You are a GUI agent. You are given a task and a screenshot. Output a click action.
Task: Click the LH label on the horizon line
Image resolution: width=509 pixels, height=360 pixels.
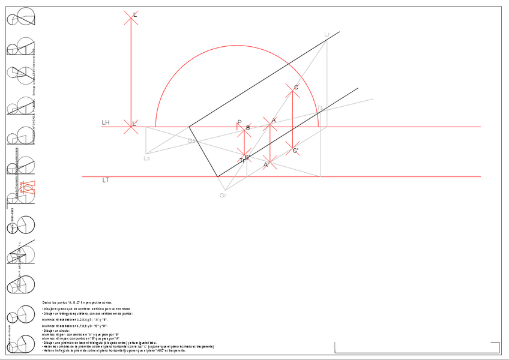pyautogui.click(x=106, y=123)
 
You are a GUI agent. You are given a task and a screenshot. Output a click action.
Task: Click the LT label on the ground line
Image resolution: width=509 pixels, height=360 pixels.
pyautogui.click(x=106, y=180)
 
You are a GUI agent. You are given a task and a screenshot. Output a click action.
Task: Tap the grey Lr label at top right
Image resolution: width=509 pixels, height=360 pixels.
pyautogui.click(x=327, y=34)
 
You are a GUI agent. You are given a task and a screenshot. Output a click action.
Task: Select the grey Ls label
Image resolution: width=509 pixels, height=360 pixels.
pyautogui.click(x=146, y=158)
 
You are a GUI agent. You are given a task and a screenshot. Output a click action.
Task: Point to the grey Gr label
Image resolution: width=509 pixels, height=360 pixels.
pyautogui.click(x=223, y=196)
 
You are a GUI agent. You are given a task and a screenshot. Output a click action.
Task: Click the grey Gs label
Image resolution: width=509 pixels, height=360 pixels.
pyautogui.click(x=191, y=141)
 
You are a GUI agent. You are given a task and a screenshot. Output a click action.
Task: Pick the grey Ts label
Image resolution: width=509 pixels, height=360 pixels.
pyautogui.click(x=320, y=109)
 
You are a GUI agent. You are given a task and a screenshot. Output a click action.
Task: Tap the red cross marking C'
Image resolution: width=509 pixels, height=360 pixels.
pyautogui.click(x=292, y=148)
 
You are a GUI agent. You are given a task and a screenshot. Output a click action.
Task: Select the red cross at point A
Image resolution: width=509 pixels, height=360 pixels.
pyautogui.click(x=270, y=124)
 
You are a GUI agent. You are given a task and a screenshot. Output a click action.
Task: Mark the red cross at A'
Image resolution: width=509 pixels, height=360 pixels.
pyautogui.click(x=270, y=162)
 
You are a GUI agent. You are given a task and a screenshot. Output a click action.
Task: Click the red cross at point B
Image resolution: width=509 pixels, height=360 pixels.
pyautogui.click(x=244, y=128)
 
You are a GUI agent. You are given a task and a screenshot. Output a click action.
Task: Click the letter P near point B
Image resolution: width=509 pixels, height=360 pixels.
pyautogui.click(x=239, y=122)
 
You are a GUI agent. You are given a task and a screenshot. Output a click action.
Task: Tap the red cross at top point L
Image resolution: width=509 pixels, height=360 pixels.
pyautogui.click(x=131, y=17)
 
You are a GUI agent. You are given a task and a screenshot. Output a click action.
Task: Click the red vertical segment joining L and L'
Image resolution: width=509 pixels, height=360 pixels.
pyautogui.click(x=131, y=72)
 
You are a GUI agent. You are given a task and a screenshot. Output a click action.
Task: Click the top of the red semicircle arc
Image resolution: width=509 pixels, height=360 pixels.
pyautogui.click(x=238, y=44)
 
